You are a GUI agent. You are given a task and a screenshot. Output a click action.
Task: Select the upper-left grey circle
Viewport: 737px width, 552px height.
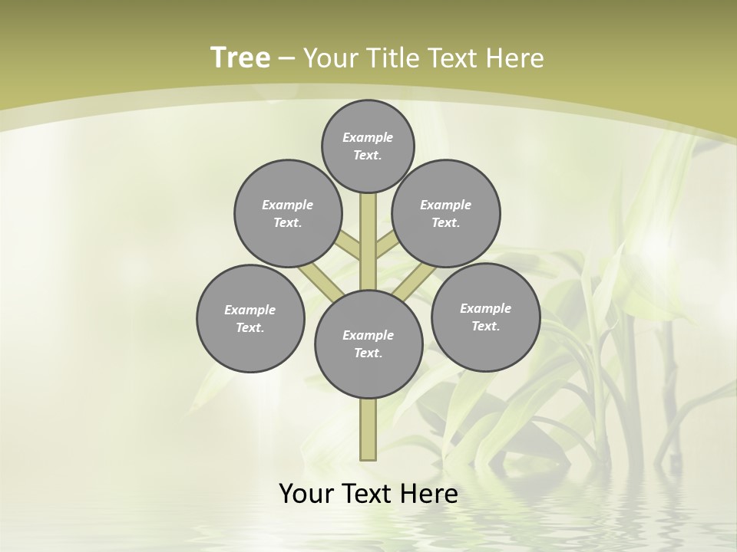pos(288,213)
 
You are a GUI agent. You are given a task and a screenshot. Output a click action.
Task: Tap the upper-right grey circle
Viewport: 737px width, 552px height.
pos(446,213)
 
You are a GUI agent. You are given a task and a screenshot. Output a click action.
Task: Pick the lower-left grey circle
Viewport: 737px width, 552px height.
pos(250,318)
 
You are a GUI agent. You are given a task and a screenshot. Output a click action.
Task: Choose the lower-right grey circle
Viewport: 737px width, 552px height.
pos(485,317)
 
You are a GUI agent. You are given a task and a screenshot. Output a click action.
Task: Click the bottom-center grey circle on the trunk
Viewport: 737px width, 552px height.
pos(368,343)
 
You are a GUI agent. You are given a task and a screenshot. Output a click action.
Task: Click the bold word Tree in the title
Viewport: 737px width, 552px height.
pos(240,58)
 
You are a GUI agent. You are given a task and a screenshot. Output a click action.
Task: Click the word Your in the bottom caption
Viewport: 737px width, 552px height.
pos(306,493)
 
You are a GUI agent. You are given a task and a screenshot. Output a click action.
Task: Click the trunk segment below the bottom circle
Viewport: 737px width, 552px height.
pos(368,429)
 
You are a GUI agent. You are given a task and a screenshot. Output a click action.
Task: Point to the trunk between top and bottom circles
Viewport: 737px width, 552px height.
pos(368,242)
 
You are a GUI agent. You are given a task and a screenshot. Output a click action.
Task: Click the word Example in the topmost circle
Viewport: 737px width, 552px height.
pos(368,138)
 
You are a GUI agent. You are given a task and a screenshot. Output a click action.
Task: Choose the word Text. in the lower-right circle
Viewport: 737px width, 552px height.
pos(485,326)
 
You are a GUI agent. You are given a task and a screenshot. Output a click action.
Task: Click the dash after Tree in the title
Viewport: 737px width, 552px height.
pos(287,58)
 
